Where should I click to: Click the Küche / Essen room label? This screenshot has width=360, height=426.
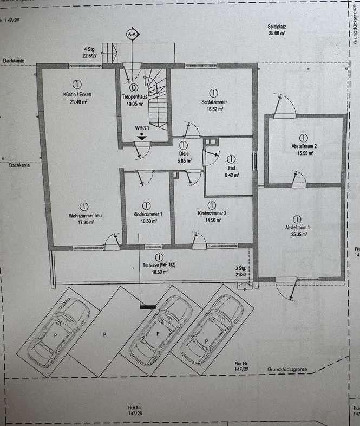click(77, 95)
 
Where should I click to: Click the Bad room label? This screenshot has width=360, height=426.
click(231, 169)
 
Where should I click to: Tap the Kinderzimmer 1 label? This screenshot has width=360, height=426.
click(146, 214)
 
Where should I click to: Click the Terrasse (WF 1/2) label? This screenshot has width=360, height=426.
click(159, 266)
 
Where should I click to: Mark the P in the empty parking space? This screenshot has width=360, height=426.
click(104, 335)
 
